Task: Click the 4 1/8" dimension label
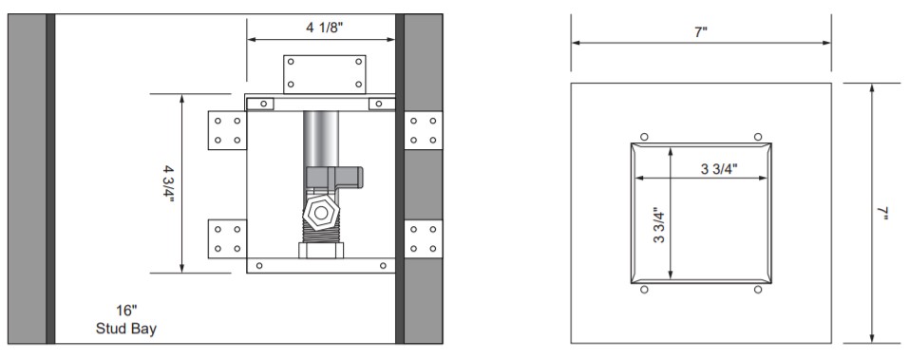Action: [x=324, y=28]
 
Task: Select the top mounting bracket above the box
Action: [x=323, y=73]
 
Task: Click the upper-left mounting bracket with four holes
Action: [x=226, y=130]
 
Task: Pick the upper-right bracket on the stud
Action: [x=423, y=130]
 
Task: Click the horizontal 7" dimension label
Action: [x=701, y=33]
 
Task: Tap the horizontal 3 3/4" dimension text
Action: [x=719, y=169]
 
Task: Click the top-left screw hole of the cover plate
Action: [x=644, y=136]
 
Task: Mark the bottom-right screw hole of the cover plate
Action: [x=757, y=290]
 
